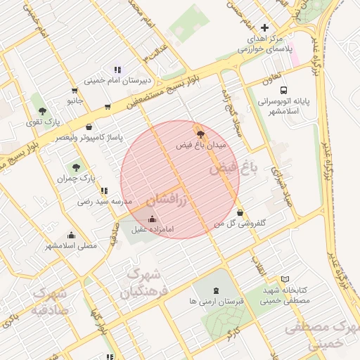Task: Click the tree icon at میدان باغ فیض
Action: (201, 133)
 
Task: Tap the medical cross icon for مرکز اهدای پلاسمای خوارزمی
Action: (264, 27)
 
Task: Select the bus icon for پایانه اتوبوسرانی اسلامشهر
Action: (283, 90)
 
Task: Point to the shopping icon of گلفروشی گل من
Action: (240, 212)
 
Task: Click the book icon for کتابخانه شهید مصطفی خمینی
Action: (284, 279)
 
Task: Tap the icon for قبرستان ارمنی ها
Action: (215, 290)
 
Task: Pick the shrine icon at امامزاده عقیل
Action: (153, 219)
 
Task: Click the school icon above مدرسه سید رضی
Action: (104, 191)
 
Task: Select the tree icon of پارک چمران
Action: (76, 167)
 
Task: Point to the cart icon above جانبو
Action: (75, 90)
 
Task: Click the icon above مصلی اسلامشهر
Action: (71, 235)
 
